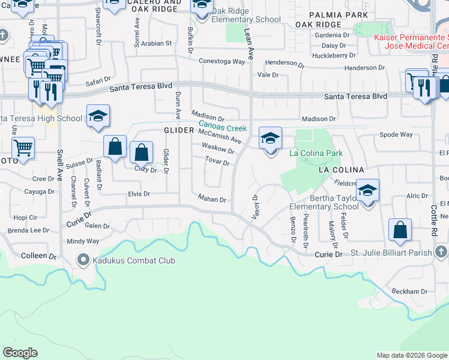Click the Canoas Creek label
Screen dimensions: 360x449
tap(223, 128)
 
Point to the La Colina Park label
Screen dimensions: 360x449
tap(316, 153)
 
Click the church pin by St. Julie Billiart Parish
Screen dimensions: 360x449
tap(441, 251)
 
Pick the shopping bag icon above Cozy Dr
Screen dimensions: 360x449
tap(142, 152)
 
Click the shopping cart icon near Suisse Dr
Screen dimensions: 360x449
tap(23, 147)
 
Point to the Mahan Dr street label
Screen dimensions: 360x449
tap(212, 199)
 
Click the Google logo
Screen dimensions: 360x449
tap(20, 353)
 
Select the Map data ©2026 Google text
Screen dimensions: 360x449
tap(411, 355)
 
